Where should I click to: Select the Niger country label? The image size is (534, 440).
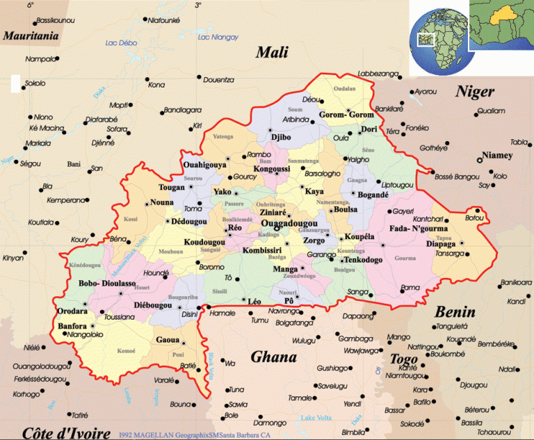475,92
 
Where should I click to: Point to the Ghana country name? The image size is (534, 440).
273,357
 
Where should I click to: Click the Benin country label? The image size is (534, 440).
455,312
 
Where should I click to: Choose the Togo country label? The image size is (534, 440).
403,359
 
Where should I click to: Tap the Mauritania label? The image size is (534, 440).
30,35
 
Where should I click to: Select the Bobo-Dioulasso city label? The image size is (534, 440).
107,284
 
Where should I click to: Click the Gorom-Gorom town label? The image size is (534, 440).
346,115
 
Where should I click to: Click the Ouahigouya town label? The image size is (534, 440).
204,165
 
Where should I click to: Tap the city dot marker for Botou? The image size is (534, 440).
478,210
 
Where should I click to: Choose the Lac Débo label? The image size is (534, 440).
121,43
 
